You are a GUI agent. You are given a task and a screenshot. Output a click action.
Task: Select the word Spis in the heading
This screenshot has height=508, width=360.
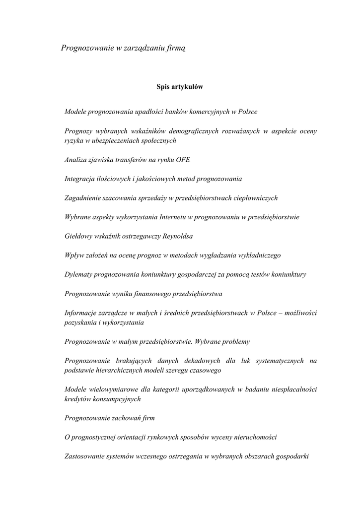pyautogui.click(x=163, y=87)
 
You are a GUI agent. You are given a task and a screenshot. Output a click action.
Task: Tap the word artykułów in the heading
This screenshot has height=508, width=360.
pyautogui.click(x=188, y=87)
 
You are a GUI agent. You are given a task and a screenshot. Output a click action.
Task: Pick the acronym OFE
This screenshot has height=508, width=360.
pyautogui.click(x=183, y=160)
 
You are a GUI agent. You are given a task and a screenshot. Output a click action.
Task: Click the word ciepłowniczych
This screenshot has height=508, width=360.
pyautogui.click(x=254, y=198)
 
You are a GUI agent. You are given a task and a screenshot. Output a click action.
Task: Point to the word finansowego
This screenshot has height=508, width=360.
pyautogui.click(x=148, y=294)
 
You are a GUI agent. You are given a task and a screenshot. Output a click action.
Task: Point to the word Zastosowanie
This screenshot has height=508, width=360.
pyautogui.click(x=84, y=456)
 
